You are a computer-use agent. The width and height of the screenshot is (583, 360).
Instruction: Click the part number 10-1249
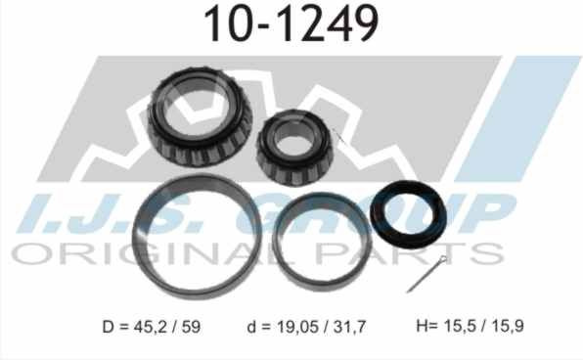pyautogui.click(x=291, y=24)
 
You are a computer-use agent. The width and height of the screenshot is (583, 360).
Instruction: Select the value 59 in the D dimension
pyautogui.click(x=191, y=327)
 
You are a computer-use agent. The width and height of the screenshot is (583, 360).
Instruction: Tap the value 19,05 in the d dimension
pyautogui.click(x=297, y=327)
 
